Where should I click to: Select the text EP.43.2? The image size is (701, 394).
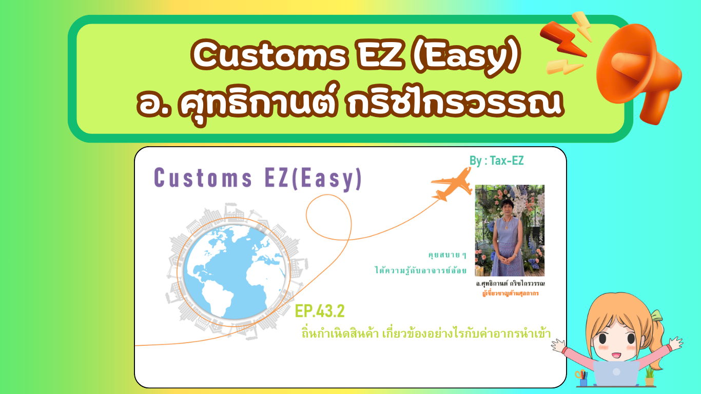pyautogui.click(x=320, y=311)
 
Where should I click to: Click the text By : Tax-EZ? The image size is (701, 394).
pyautogui.click(x=496, y=161)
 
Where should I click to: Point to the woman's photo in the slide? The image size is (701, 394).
pyautogui.click(x=510, y=230)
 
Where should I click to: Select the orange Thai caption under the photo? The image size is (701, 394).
pyautogui.click(x=510, y=293)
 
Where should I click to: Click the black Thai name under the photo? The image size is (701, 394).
pyautogui.click(x=510, y=284)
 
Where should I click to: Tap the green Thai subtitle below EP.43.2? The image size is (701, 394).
pyautogui.click(x=426, y=333)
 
